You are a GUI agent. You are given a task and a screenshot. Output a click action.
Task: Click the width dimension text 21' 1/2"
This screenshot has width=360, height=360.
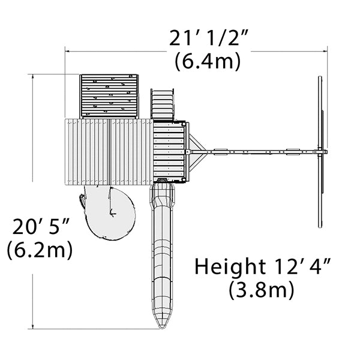click(x=208, y=38)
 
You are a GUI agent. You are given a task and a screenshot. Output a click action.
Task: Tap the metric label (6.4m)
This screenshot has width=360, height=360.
click(x=208, y=62)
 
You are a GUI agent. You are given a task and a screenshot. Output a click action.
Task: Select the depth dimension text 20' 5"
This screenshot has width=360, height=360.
click(x=41, y=227)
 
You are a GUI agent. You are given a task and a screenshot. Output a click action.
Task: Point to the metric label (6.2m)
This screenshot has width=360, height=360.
click(x=40, y=250)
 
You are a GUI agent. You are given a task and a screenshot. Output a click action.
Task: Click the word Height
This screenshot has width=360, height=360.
click(x=230, y=267)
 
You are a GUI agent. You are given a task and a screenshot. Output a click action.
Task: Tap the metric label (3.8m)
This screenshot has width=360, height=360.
click(x=261, y=290)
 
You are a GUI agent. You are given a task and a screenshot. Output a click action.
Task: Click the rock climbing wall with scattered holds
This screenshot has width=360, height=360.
click(x=109, y=96)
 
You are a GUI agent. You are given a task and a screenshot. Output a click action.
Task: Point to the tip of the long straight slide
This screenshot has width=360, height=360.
click(x=162, y=328)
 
